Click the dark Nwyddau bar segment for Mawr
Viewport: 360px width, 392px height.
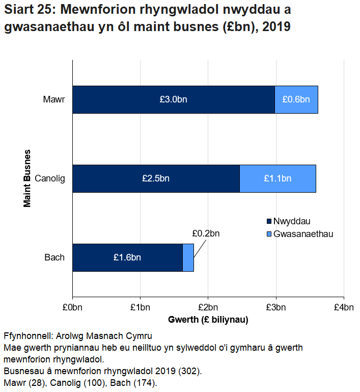173,99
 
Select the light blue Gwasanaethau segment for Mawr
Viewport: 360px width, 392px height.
296,99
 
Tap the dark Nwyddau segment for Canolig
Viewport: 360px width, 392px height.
156,178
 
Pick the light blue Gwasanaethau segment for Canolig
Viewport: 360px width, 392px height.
278,178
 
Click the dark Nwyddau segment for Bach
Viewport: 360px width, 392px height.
127,257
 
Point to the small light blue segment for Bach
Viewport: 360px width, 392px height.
188,257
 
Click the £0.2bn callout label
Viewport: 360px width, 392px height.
206,233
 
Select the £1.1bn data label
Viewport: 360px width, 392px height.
278,178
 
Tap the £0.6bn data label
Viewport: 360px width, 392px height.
296,99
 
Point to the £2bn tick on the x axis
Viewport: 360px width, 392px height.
208,307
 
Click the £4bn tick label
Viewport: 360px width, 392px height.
344,307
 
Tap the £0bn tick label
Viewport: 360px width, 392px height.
72,307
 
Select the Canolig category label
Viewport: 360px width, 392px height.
50,178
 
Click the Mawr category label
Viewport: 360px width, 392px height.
54,99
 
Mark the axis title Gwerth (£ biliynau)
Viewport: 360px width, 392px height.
208,320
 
